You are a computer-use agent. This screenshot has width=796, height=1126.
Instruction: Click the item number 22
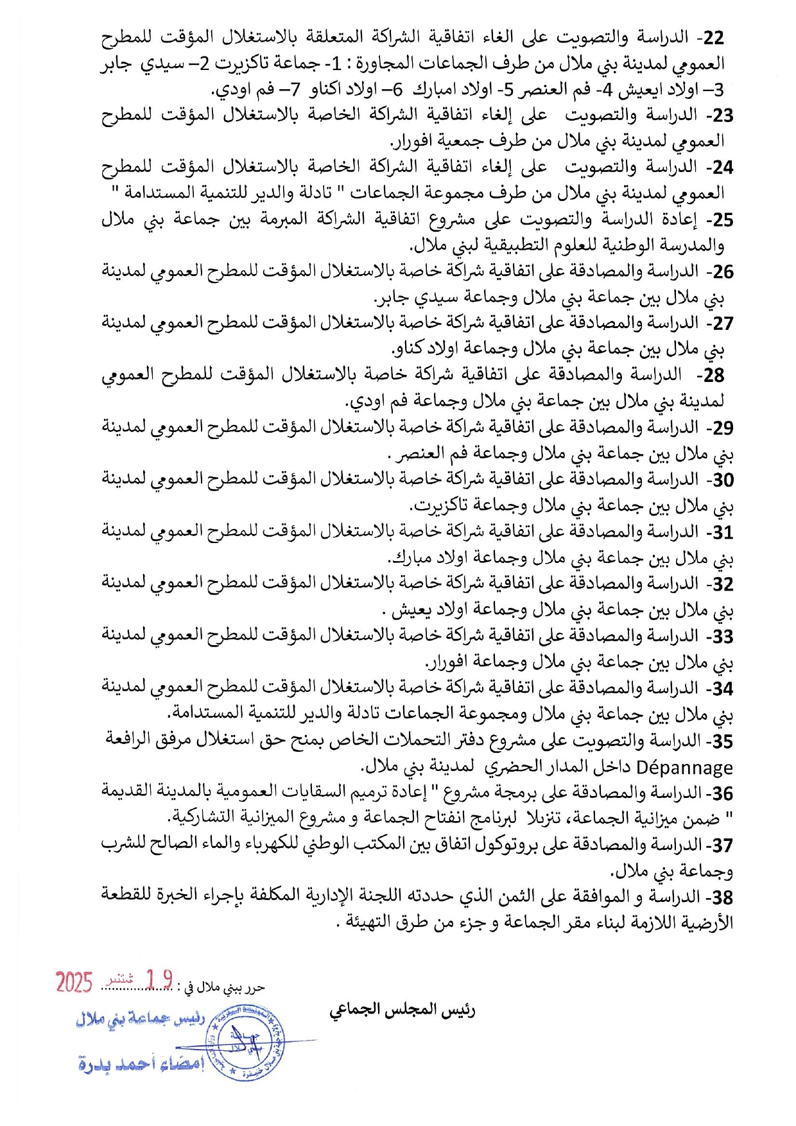(713, 38)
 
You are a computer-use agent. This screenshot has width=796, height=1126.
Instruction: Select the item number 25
(722, 220)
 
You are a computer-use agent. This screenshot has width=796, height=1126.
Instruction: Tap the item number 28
(713, 376)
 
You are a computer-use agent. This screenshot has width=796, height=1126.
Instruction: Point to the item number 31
(723, 532)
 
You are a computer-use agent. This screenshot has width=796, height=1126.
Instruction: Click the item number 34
(723, 689)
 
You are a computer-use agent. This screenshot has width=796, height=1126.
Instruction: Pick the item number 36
(723, 793)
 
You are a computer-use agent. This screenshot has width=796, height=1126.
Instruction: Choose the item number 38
(723, 897)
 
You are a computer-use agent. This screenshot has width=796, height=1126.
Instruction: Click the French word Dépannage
(684, 768)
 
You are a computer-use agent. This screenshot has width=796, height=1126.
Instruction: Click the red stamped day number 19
(159, 980)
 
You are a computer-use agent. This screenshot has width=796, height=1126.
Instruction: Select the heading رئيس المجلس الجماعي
(402, 1011)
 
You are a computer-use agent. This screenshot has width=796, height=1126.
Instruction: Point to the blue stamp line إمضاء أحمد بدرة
(141, 1064)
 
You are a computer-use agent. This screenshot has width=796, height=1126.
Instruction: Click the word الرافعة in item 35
(130, 741)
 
